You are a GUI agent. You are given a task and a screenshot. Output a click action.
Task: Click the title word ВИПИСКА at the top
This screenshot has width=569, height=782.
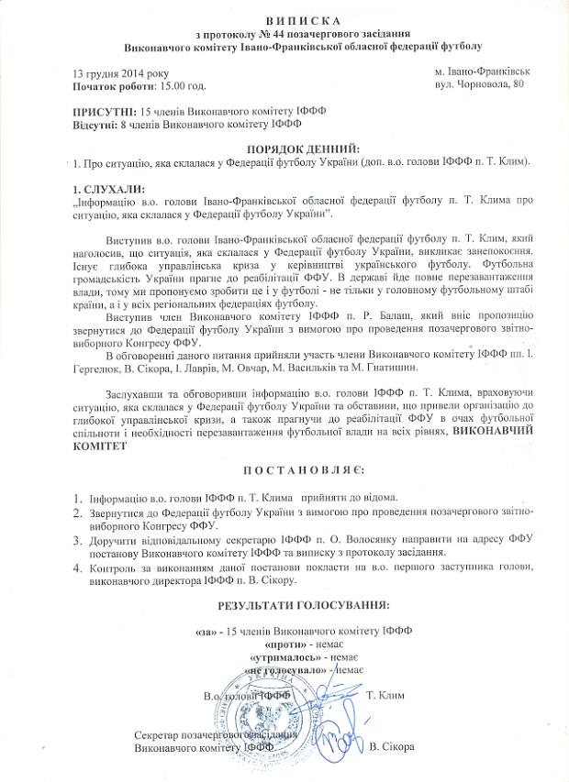pyautogui.click(x=284, y=20)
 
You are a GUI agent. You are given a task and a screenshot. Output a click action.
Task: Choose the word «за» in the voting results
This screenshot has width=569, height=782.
pyautogui.click(x=208, y=631)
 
